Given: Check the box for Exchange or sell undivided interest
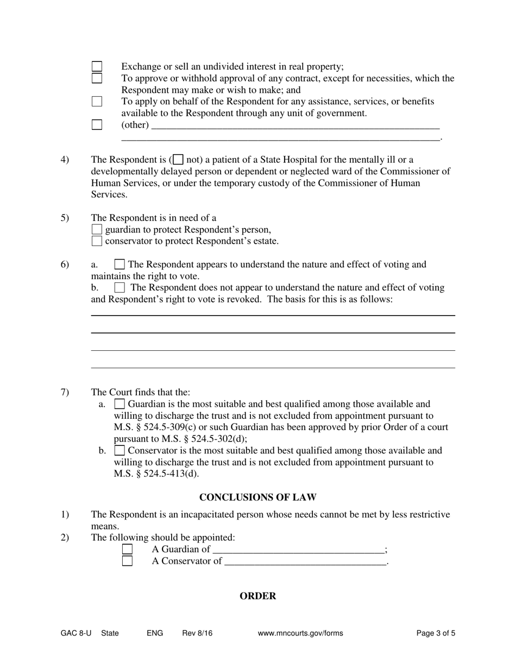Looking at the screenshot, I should [97, 67].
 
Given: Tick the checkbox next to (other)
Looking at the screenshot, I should [97, 125].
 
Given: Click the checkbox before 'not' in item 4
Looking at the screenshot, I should [178, 160].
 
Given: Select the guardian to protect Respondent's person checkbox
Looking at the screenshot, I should [97, 230].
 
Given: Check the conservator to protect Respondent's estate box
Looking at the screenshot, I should [97, 241].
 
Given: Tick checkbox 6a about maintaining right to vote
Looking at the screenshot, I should [119, 265].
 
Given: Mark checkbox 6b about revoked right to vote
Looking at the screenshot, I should [119, 288].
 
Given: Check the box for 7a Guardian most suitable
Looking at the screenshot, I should [119, 404].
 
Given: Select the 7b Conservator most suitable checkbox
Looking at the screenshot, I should [119, 451].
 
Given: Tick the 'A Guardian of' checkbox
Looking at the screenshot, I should [127, 550].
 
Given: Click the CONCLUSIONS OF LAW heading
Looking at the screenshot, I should [257, 497].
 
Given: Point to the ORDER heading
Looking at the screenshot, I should [257, 596].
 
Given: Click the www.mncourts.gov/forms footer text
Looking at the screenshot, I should [300, 633].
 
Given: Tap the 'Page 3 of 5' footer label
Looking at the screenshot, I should [436, 633].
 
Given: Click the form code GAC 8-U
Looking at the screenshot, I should [76, 633].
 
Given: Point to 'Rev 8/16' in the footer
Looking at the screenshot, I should [197, 633].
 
